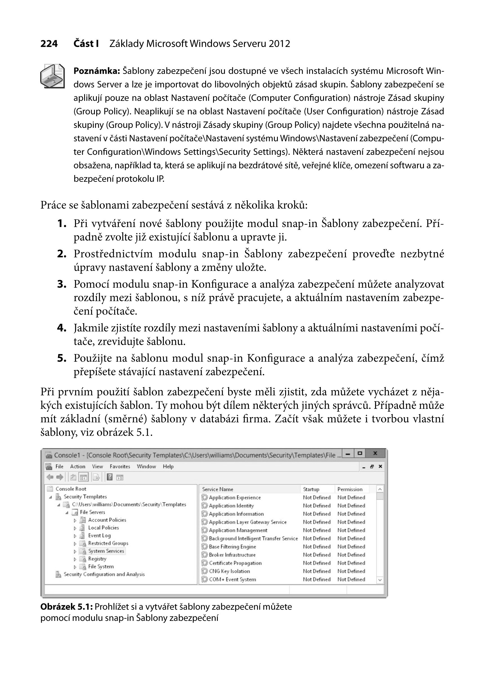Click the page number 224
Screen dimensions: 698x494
[x=49, y=44]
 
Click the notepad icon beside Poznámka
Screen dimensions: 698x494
[x=52, y=76]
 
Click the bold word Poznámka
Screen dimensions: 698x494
[x=97, y=71]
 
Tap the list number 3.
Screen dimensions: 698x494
[x=62, y=284]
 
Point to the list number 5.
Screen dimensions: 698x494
[x=62, y=358]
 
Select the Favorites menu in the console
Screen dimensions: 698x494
[x=120, y=467]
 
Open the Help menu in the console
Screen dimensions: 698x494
[x=168, y=467]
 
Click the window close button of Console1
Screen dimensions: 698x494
[x=375, y=453]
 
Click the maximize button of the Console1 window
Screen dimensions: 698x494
[x=360, y=453]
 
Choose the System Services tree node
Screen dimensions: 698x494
[x=106, y=551]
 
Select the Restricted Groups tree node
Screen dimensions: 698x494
[x=108, y=543]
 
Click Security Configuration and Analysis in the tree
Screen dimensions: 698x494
[x=104, y=574]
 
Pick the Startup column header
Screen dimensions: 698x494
[x=311, y=489]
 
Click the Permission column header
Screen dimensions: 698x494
[x=350, y=489]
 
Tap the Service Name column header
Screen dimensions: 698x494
[x=218, y=489]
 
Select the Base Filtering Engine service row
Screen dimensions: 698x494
[x=233, y=547]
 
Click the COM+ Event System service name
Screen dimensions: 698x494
[x=233, y=580]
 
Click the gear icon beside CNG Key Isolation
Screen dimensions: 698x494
[x=205, y=571]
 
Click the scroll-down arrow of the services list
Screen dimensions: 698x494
[x=380, y=580]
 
